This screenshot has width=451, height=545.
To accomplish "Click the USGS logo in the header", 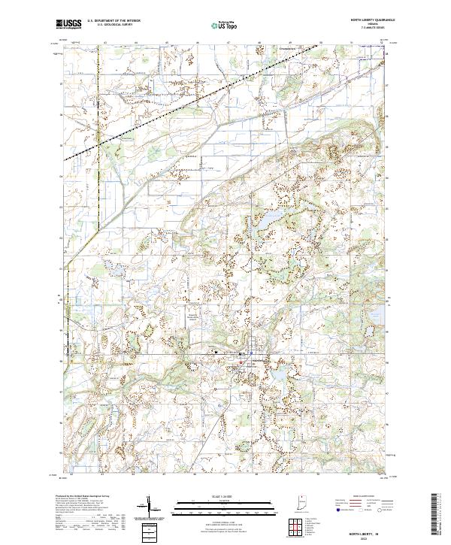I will coord(68,23).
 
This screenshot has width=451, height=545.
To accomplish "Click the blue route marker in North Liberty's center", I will coord(241,353).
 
